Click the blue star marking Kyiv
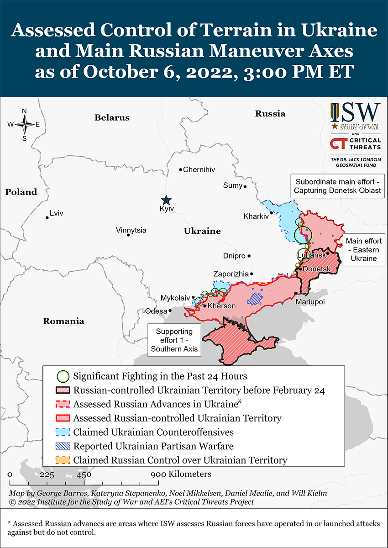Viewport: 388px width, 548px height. point(166,200)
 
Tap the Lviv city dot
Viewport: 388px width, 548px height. point(47,217)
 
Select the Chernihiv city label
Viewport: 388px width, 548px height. point(199,169)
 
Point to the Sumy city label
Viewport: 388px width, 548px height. point(232,185)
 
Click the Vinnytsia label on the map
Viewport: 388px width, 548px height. point(131,230)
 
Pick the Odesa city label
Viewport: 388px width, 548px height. point(156,311)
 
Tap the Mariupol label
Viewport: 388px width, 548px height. point(309,302)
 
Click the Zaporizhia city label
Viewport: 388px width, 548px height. point(231,274)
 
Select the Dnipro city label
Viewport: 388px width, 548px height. point(234,256)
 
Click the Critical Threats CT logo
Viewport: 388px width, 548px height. point(356,143)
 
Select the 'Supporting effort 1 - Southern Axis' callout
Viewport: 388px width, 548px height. point(174,340)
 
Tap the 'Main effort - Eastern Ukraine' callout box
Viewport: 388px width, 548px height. point(363,249)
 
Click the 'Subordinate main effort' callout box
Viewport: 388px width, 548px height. point(337,185)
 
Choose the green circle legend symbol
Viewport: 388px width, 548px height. point(63,376)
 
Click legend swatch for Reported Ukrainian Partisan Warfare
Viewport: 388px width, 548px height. point(63,446)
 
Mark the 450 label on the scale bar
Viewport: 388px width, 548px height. point(84,474)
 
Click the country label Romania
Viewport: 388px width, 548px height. point(63,321)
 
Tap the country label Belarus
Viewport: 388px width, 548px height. point(112,117)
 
